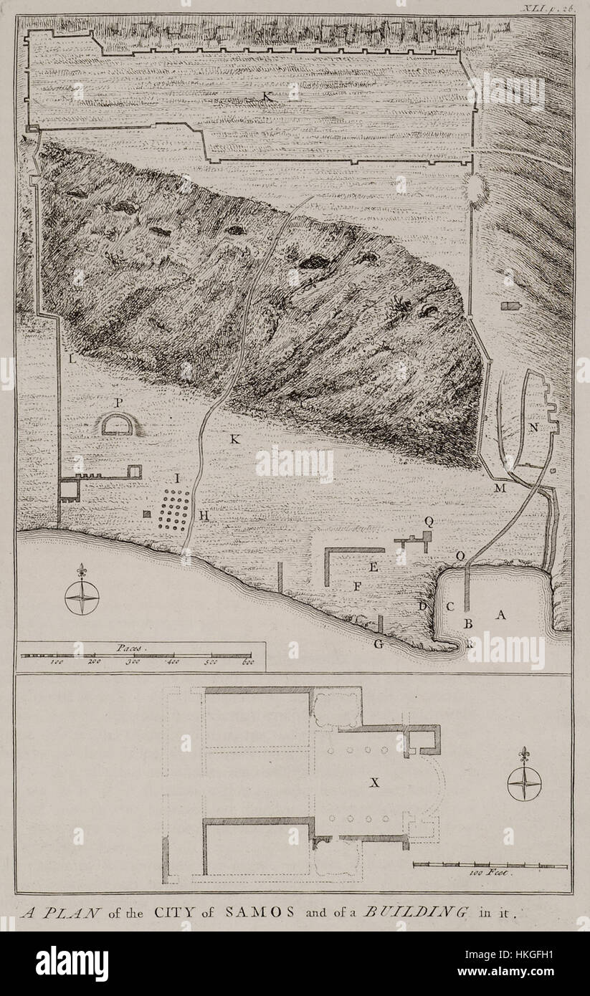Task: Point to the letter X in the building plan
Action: tap(373, 783)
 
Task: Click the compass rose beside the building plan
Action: tap(524, 782)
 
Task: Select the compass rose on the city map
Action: tap(82, 597)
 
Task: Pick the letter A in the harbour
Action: tap(501, 614)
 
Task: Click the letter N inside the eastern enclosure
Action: tap(533, 427)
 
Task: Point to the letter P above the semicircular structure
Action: tap(119, 403)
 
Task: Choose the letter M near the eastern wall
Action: tap(500, 488)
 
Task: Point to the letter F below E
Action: tap(357, 586)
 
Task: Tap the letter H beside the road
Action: tap(204, 514)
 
